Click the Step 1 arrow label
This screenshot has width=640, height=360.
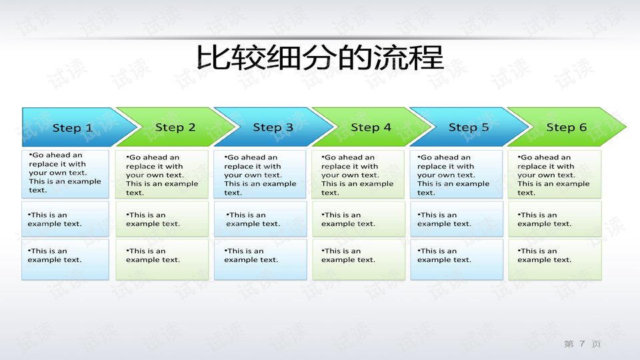73,128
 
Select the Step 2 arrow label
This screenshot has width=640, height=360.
175,127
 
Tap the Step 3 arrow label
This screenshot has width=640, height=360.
273,127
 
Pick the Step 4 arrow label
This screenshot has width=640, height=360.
371,127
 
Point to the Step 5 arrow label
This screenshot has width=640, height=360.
469,127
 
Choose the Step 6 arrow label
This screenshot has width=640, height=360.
567,127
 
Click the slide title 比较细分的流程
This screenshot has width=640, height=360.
320,57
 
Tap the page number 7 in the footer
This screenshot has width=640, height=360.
582,344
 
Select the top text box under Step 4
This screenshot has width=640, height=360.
359,175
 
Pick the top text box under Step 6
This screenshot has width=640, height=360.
555,175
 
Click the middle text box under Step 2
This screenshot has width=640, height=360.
162,219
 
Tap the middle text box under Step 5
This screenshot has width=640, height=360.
456,219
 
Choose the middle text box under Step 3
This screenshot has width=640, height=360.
260,219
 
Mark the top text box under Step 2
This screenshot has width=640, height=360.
162,175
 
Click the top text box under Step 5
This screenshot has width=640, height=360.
456,175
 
